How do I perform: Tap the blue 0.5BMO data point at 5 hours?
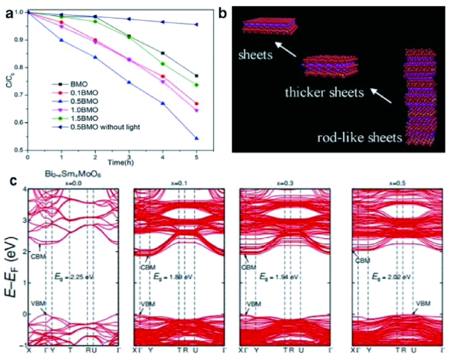(198, 138)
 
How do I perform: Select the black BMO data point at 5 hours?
(198, 76)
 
